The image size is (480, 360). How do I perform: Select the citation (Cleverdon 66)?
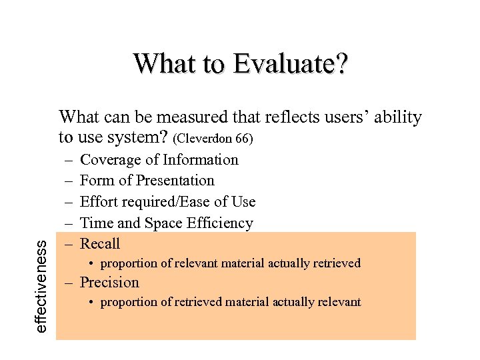[x=213, y=140]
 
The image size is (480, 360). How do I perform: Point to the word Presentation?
[x=175, y=181]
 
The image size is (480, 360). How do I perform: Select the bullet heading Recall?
[x=100, y=244]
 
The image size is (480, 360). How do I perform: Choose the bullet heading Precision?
[x=109, y=283]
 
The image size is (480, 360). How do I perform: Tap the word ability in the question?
[x=398, y=118]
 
